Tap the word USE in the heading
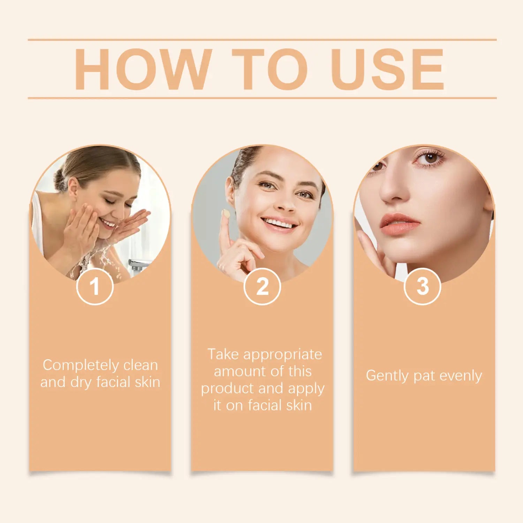tap(387, 69)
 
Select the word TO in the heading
tap(270, 69)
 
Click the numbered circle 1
tap(95, 287)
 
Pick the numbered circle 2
tap(262, 287)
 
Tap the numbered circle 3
tap(423, 287)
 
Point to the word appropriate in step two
tap(282, 355)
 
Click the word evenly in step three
tap(461, 376)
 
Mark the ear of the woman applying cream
tap(230, 190)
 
